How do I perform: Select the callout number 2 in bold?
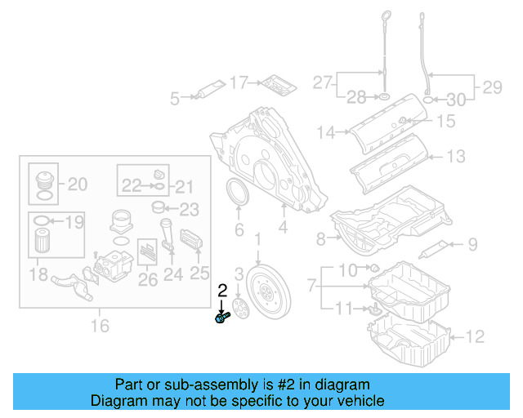point(221,291)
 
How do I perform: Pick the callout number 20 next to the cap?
point(77,185)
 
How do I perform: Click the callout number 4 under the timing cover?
point(282,230)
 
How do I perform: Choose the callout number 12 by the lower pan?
point(476,336)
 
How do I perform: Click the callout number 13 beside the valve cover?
point(455,155)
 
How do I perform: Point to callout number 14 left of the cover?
point(327,131)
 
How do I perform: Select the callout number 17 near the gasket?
point(238,82)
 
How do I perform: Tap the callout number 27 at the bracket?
point(323,83)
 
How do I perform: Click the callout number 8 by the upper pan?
point(320,239)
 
